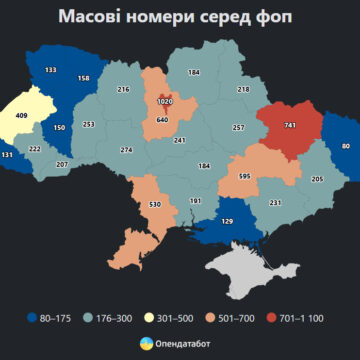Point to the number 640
pos(162,120)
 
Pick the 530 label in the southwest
pos(155,205)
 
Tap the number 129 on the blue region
pos(226,221)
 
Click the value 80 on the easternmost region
pos(346,147)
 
